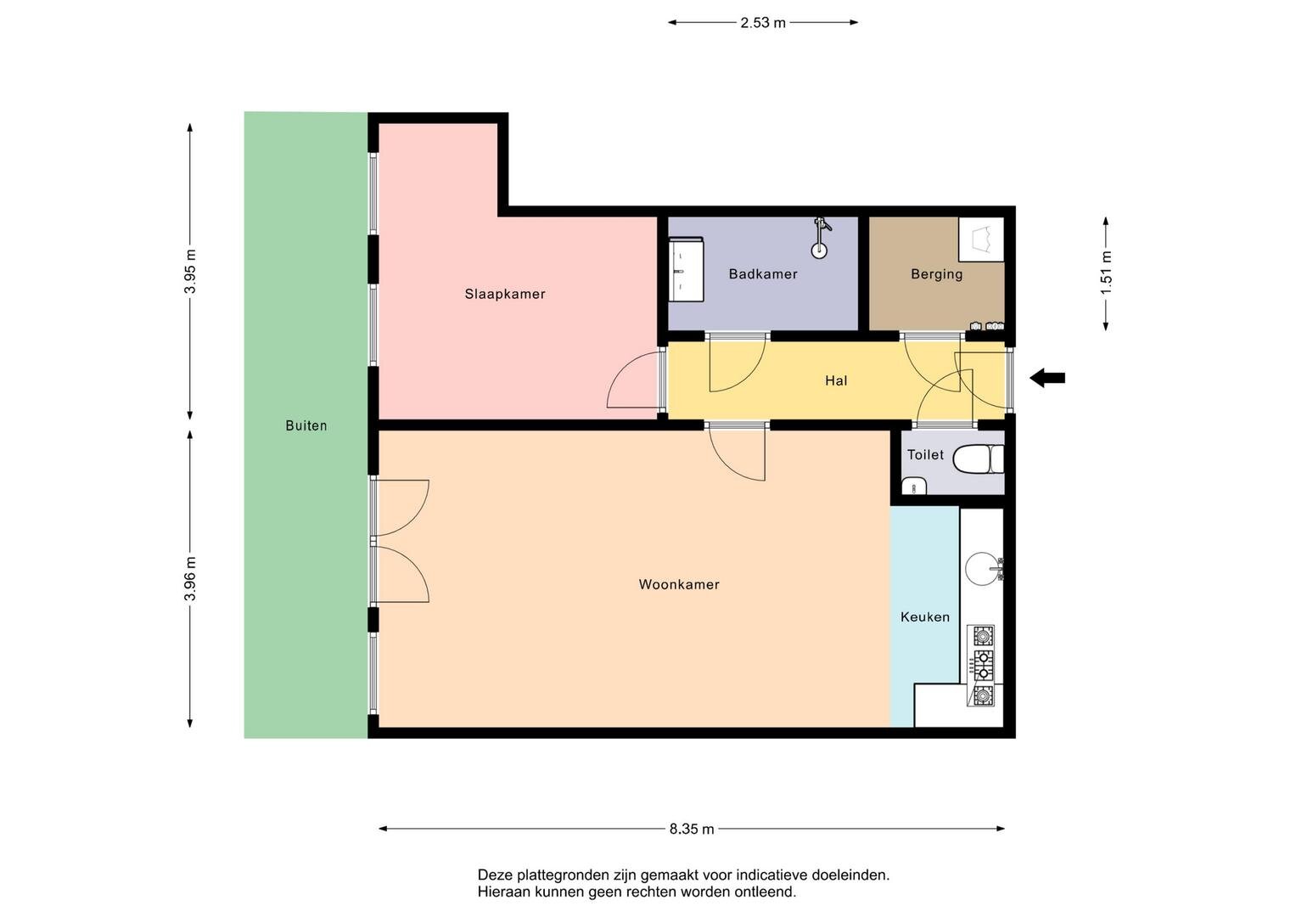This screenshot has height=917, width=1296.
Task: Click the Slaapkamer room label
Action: (504, 294)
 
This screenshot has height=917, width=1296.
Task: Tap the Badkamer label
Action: (762, 273)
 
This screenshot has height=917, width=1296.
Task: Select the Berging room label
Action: (936, 273)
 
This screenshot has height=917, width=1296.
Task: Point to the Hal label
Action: (836, 380)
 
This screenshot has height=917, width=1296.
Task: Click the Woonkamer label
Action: (679, 584)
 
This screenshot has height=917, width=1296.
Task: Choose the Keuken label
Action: (924, 617)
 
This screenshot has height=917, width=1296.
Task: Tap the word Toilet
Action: (925, 454)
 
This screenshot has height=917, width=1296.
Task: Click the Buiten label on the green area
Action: (306, 425)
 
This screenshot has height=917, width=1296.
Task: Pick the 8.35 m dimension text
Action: (692, 829)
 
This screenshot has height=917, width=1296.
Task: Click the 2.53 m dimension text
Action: (762, 23)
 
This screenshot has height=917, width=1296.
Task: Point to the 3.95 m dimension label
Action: (190, 271)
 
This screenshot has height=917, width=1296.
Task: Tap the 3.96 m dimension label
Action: (190, 578)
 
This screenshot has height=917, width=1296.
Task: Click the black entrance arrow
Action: (1046, 378)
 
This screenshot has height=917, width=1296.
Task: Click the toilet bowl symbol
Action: (978, 459)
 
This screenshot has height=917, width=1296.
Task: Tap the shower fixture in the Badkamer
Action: (819, 238)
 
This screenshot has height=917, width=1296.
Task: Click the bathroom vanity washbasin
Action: (686, 269)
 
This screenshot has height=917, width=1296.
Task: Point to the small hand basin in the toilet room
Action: (913, 486)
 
